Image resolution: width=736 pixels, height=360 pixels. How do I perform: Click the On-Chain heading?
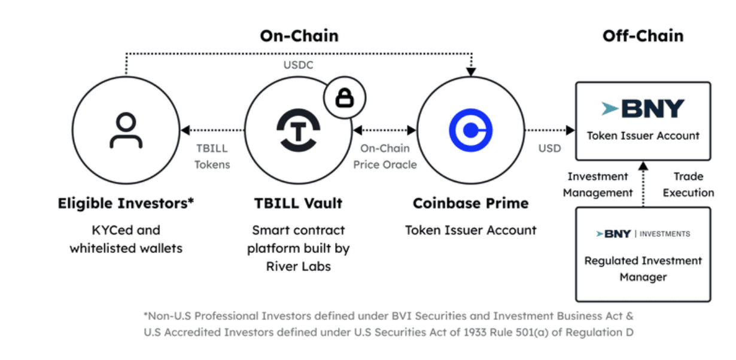coord(299,36)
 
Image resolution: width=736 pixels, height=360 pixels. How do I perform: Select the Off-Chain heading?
coord(643,36)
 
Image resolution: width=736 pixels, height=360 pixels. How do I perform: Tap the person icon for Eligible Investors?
coord(126,131)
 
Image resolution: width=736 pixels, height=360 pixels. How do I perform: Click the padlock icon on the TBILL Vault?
coord(345,98)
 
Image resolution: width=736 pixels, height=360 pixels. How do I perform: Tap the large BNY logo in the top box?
coord(643,108)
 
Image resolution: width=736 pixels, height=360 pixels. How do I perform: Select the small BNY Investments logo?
coord(643,234)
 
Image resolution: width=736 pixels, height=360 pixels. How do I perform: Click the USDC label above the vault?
coord(299,65)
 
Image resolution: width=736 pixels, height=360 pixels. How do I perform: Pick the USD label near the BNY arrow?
coord(549,148)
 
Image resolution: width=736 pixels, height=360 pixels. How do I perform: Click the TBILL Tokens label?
coord(212,157)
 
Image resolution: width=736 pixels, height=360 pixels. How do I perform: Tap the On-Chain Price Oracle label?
coord(385,157)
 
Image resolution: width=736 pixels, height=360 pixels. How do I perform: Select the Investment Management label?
coord(598,184)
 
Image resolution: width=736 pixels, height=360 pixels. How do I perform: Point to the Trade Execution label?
coord(688,184)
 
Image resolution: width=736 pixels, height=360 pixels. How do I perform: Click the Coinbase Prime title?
coord(471,203)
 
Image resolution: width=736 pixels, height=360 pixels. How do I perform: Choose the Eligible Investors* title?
coord(126,203)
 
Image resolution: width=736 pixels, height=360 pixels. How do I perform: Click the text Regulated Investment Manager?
coord(643,269)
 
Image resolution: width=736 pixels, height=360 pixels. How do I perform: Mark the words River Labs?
coord(299,266)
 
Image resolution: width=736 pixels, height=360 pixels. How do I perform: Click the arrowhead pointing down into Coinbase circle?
coord(471,72)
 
